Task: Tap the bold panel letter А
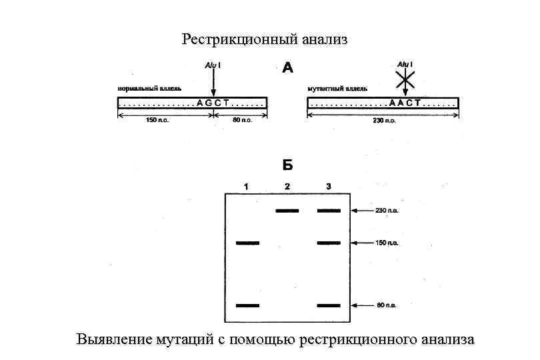(x=288, y=68)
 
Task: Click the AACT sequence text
(x=404, y=103)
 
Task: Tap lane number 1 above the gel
(x=247, y=186)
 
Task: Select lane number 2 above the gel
(x=287, y=186)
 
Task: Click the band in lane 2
(x=287, y=211)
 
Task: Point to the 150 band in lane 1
(x=247, y=243)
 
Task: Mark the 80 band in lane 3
(x=329, y=305)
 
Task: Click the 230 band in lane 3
(x=329, y=211)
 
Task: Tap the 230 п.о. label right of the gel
(x=388, y=211)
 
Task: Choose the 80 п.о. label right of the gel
(x=387, y=305)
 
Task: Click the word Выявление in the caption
(x=110, y=340)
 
